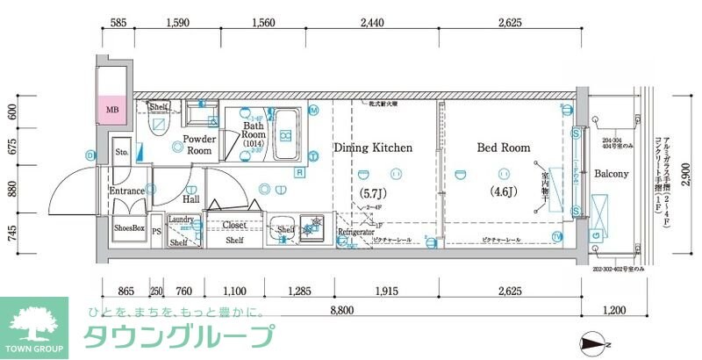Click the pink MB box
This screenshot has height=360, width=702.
point(112,110)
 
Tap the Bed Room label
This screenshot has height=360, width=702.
point(504,148)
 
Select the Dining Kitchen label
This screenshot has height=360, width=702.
point(373,148)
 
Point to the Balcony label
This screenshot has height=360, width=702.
point(611,174)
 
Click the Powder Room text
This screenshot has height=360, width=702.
point(201,144)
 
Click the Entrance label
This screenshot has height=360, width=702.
point(126,191)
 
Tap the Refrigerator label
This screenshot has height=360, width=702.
point(356,232)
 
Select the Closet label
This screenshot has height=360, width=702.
point(233,225)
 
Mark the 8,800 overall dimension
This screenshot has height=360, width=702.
point(341,308)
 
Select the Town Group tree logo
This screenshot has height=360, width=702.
point(33,322)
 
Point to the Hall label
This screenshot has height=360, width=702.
point(190,199)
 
